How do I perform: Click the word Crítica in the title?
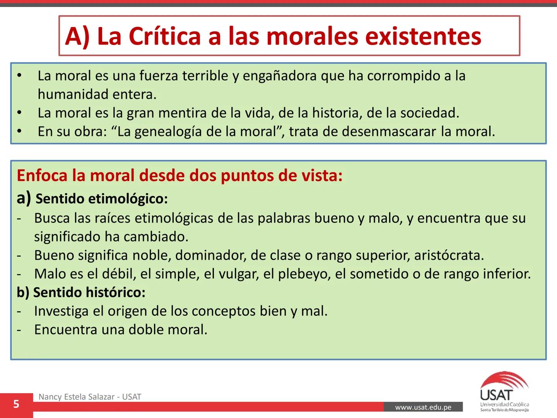pos(164,36)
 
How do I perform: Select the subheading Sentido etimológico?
pos(101,199)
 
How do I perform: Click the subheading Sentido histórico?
pos(89,292)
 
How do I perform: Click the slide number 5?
pos(16,404)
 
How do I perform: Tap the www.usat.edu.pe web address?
pos(423,407)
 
